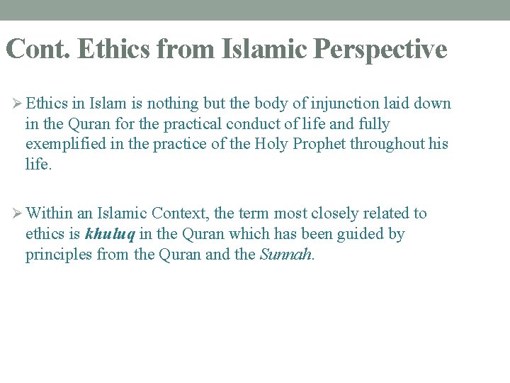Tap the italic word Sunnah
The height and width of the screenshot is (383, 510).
286,255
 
